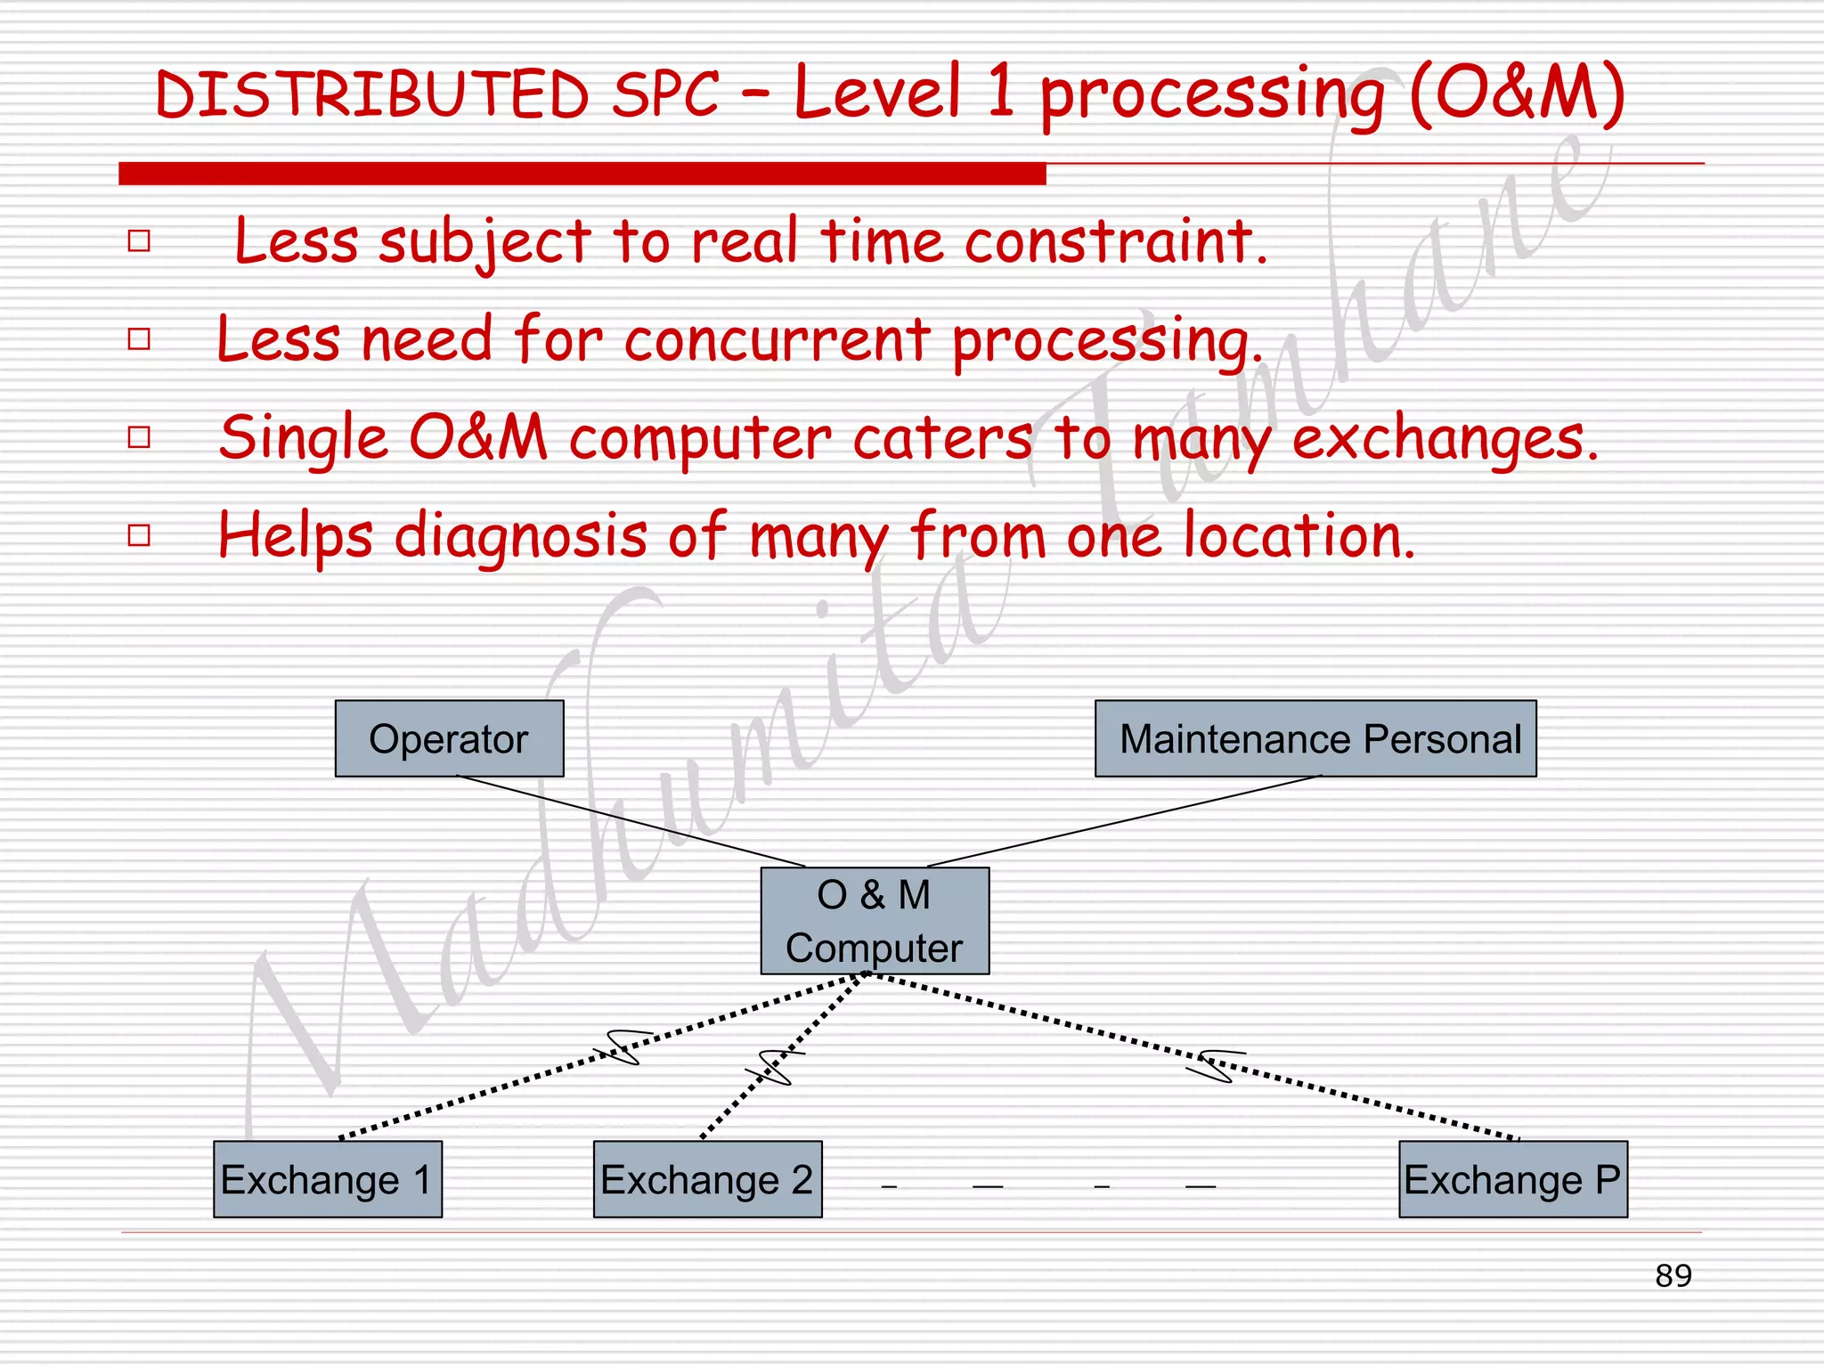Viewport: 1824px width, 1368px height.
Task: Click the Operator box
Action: point(449,738)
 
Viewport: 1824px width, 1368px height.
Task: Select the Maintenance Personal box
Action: point(1315,738)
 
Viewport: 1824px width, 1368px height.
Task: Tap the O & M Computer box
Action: point(875,920)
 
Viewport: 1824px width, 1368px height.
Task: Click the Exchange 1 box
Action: point(328,1179)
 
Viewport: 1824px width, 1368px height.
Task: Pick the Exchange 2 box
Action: point(707,1179)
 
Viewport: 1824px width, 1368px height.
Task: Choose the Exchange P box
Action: point(1512,1179)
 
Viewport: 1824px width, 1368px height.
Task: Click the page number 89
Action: point(1673,1275)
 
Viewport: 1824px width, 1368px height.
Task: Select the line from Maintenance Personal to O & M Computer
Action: point(1124,820)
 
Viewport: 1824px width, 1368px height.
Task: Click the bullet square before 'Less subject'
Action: point(139,240)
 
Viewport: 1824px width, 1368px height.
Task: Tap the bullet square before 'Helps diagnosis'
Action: point(139,535)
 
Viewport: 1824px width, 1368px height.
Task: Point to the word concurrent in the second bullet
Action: point(777,339)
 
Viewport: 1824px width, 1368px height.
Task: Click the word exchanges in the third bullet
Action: point(1443,438)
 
